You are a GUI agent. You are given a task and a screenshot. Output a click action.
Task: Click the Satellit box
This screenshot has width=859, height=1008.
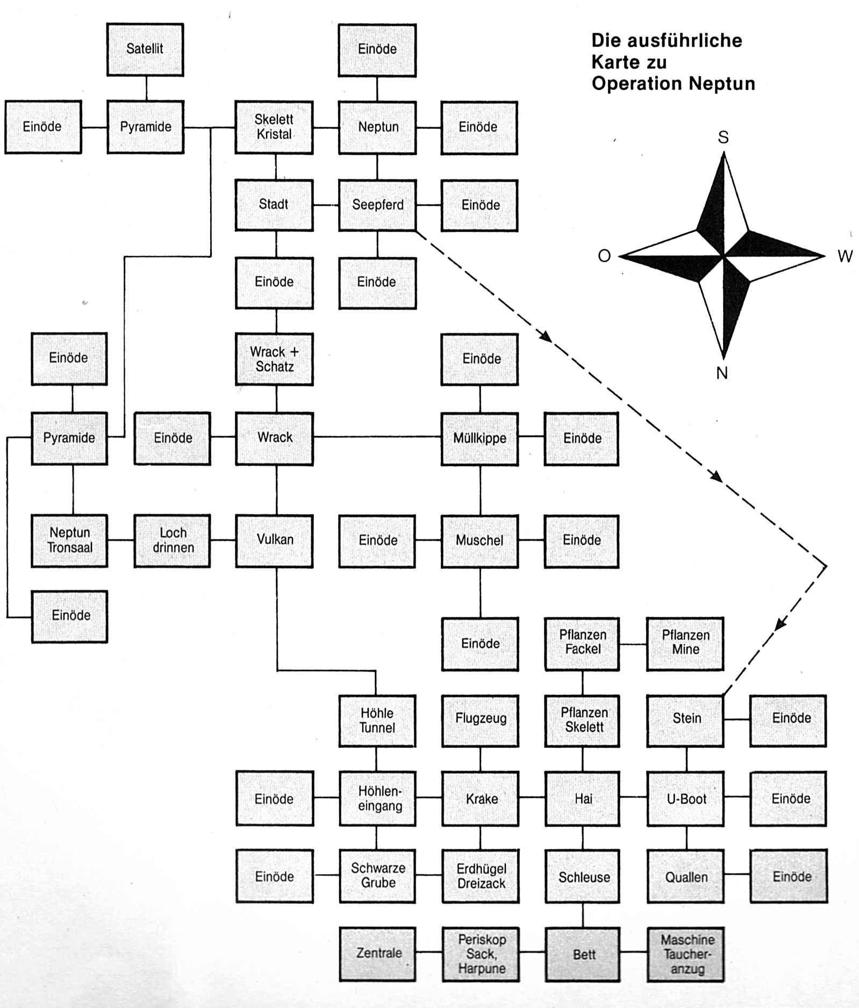click(x=145, y=49)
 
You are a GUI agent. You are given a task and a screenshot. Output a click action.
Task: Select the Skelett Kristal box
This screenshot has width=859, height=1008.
click(x=274, y=127)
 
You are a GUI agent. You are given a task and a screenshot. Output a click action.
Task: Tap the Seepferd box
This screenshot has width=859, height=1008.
click(x=377, y=205)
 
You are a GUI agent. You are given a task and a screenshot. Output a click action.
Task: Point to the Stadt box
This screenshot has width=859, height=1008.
click(x=274, y=205)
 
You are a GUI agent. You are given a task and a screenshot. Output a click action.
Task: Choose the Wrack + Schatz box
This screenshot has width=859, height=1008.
click(x=274, y=359)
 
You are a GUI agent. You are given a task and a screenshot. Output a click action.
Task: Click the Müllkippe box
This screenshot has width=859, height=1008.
click(x=479, y=438)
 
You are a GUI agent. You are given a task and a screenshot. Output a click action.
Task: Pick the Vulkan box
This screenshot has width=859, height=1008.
click(x=274, y=540)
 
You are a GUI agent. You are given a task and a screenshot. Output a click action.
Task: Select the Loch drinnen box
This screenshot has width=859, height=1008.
click(x=173, y=540)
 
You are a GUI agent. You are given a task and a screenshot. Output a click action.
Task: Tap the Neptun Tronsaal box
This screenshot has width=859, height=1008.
click(x=69, y=540)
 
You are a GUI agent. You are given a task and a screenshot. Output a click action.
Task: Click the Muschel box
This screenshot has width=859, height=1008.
click(x=479, y=540)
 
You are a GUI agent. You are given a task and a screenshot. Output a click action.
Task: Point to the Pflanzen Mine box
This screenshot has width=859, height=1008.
click(x=685, y=643)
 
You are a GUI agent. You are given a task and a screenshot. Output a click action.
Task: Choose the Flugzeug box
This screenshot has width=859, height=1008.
click(x=481, y=719)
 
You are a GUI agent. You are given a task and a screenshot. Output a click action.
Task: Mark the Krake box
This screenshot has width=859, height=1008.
click(x=481, y=799)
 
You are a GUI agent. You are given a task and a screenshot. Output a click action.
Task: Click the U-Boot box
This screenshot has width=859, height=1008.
click(x=686, y=799)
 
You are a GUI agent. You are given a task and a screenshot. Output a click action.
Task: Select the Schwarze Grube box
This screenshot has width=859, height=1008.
click(x=377, y=876)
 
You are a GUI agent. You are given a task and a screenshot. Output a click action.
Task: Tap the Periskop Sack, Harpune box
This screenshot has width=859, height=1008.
click(x=481, y=954)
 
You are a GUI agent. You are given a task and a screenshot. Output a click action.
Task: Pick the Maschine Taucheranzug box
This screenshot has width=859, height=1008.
click(x=686, y=954)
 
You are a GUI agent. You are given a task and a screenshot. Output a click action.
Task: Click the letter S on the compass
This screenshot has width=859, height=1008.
click(x=724, y=138)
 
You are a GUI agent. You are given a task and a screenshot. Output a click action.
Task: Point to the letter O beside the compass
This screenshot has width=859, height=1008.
click(x=604, y=256)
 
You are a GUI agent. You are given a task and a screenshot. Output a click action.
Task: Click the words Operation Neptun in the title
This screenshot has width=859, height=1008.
click(x=673, y=84)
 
